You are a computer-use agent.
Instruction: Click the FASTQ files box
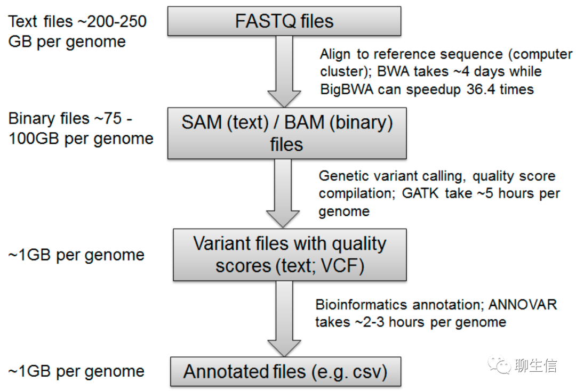click(284, 21)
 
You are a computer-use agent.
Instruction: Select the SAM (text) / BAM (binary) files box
click(287, 133)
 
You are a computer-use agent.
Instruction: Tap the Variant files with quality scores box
click(290, 255)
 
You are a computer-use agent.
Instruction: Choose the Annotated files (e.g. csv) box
click(285, 371)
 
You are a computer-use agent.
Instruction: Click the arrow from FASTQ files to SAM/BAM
click(284, 71)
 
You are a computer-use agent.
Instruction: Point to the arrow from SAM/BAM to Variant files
click(283, 193)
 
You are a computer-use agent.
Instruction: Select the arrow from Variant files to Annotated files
click(284, 319)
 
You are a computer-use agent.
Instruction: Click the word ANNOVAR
click(522, 305)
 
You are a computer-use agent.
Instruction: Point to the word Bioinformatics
click(361, 305)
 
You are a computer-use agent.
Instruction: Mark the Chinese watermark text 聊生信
click(536, 365)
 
